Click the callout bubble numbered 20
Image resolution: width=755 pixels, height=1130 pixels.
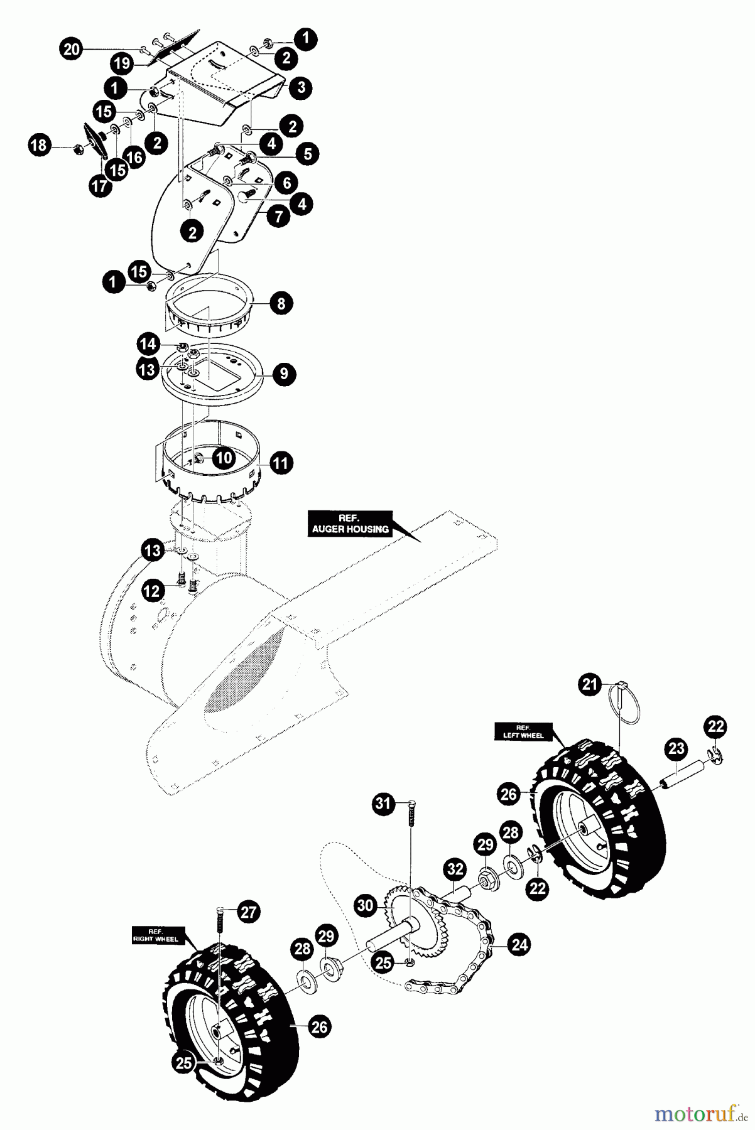pyautogui.click(x=72, y=50)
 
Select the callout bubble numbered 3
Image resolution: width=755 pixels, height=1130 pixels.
pyautogui.click(x=301, y=87)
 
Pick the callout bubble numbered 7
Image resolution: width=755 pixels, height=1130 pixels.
pyautogui.click(x=278, y=216)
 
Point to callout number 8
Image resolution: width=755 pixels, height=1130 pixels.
pyautogui.click(x=281, y=304)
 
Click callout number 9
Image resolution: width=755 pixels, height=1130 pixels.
pyautogui.click(x=284, y=374)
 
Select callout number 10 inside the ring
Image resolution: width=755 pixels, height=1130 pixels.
pyautogui.click(x=224, y=458)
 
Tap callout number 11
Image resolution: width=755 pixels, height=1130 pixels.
pyautogui.click(x=280, y=464)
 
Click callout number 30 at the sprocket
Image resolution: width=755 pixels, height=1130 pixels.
pyautogui.click(x=364, y=905)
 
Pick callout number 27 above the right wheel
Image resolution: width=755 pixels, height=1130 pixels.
pyautogui.click(x=249, y=912)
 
